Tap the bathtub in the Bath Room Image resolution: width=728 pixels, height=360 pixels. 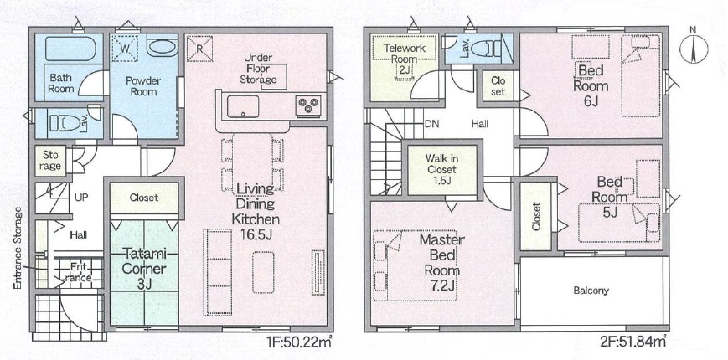70,49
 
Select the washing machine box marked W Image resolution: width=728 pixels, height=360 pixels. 126,49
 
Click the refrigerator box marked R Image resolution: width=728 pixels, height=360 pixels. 199,49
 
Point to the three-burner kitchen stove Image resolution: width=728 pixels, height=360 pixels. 307,105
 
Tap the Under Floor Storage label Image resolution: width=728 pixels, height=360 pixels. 259,69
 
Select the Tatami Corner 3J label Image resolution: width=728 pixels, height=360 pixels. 144,269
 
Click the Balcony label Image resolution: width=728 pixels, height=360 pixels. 591,291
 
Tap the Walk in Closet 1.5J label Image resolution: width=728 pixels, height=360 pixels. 442,169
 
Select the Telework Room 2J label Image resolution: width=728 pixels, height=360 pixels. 405,59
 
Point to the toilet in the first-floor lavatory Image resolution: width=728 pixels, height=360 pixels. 65,124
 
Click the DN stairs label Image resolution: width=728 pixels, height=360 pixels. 431,124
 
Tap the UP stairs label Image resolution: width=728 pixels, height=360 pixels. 81,197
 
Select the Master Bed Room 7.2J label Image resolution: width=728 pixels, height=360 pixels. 441,262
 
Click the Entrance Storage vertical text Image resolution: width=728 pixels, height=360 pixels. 18,248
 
